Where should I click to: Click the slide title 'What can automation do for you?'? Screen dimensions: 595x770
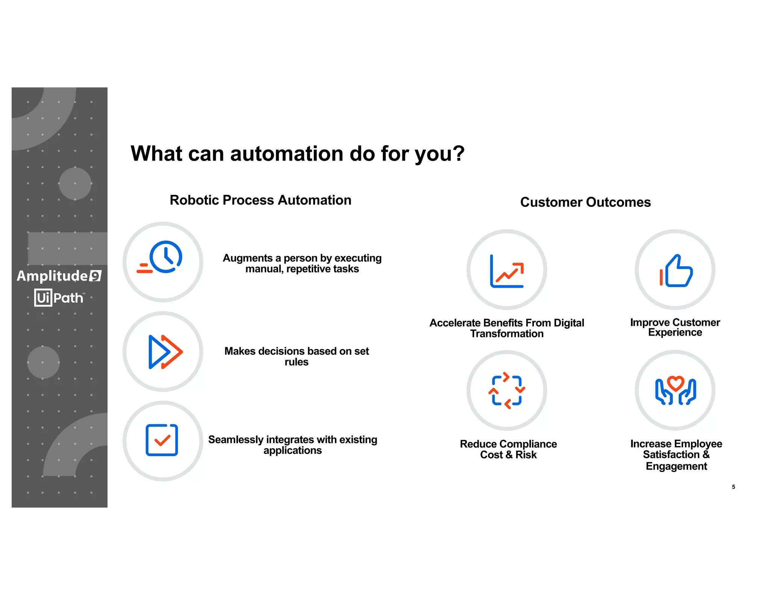(297, 153)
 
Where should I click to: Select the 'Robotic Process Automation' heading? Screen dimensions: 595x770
(261, 200)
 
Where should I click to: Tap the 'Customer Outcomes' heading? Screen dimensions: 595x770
(585, 202)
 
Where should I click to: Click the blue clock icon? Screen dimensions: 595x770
(165, 257)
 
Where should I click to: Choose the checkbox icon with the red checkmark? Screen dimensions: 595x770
(162, 440)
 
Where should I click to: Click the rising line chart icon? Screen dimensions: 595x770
(506, 271)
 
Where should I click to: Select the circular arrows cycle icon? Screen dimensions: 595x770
(506, 390)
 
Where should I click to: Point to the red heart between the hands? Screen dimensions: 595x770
(676, 383)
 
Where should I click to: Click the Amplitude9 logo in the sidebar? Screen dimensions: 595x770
(59, 276)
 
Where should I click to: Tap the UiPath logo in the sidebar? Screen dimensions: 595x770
(59, 298)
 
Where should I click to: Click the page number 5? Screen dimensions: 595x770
(734, 487)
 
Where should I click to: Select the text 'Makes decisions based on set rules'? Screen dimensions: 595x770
(297, 356)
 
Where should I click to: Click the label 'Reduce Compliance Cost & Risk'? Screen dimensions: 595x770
(508, 449)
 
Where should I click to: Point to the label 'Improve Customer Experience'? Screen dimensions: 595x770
(675, 327)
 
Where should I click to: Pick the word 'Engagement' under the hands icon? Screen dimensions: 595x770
(676, 466)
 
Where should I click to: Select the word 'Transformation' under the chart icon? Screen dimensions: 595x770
(507, 334)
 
